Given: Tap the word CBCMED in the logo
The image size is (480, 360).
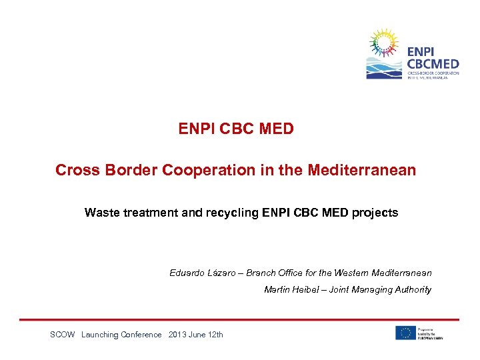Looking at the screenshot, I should click(x=433, y=64).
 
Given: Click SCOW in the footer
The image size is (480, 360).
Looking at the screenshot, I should click(x=62, y=335).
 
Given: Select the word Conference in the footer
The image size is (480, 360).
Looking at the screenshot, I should click(x=141, y=335).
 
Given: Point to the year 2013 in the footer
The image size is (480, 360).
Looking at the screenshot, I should click(x=179, y=335).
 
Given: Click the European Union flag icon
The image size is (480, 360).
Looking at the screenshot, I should click(x=405, y=333).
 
